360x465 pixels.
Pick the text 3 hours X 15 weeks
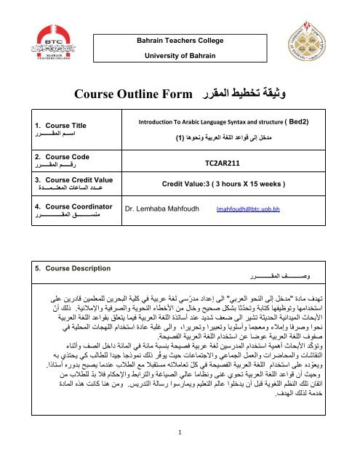[257, 185]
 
